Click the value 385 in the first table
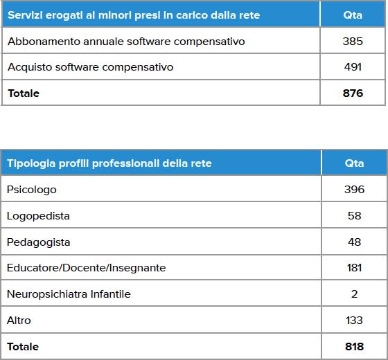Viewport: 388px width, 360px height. click(x=353, y=42)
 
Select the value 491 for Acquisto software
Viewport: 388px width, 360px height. click(x=353, y=67)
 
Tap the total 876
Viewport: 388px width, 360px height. click(x=353, y=93)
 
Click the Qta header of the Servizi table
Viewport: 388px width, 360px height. click(x=353, y=15)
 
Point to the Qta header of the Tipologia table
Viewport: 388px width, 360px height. click(x=354, y=163)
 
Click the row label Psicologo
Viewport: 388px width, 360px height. click(x=32, y=190)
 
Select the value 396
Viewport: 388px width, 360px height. click(x=354, y=190)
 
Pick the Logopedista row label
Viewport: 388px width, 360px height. click(x=38, y=216)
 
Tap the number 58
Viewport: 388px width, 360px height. click(x=354, y=216)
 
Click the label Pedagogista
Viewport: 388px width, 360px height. click(x=39, y=242)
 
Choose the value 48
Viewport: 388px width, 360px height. click(x=354, y=242)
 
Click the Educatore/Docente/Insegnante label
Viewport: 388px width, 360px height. click(x=86, y=268)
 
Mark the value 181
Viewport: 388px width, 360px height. click(x=354, y=268)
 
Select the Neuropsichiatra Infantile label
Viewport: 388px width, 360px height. click(x=69, y=294)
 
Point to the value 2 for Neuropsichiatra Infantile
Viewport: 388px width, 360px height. click(x=354, y=294)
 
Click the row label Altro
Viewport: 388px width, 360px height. click(x=19, y=321)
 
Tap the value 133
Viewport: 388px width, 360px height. click(x=354, y=321)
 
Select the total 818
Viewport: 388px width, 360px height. click(x=354, y=347)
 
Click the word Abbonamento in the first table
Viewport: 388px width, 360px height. click(x=44, y=42)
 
